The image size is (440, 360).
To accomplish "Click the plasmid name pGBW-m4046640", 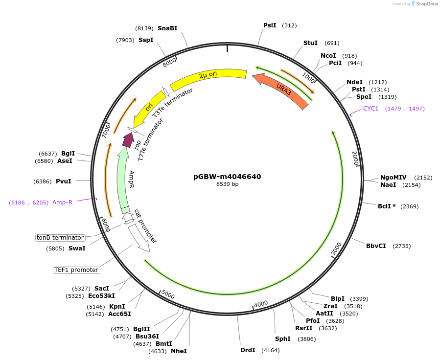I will point(227,177).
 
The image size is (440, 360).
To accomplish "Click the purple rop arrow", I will point(129,140).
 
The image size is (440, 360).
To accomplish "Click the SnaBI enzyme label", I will point(167,28).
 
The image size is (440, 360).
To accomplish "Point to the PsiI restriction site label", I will point(270,25).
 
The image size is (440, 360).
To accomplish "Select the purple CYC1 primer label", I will point(371,109).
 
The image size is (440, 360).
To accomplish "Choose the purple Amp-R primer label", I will point(62,202).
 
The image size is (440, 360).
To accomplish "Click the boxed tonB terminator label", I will point(60,238).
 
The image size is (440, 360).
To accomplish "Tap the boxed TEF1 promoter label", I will point(76,270).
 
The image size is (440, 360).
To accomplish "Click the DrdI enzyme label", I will point(248,350).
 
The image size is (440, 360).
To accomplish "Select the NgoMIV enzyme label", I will point(394,178).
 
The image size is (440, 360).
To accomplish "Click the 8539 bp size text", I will point(227,184).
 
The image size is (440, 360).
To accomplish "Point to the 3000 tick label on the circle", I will point(337,249).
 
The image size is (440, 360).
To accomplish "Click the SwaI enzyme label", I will point(77,248).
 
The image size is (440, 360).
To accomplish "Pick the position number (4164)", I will point(271,350).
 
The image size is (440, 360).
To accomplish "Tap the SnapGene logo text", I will point(427,4).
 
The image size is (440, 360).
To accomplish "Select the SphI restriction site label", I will point(283,338).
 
